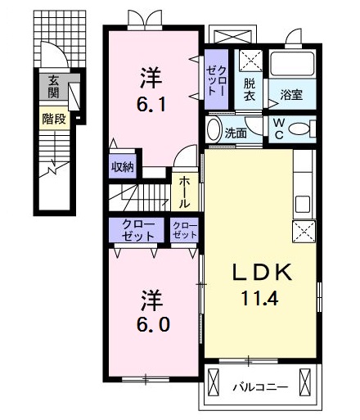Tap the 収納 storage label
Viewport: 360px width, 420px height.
pos(123,165)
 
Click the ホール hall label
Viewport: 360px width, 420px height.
pos(186,192)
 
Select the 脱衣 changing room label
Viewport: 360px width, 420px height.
pos(249,89)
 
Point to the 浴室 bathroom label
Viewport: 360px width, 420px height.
pos(291,94)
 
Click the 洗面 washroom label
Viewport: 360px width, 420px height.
pos(236,133)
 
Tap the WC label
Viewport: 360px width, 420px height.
pos(279,129)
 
